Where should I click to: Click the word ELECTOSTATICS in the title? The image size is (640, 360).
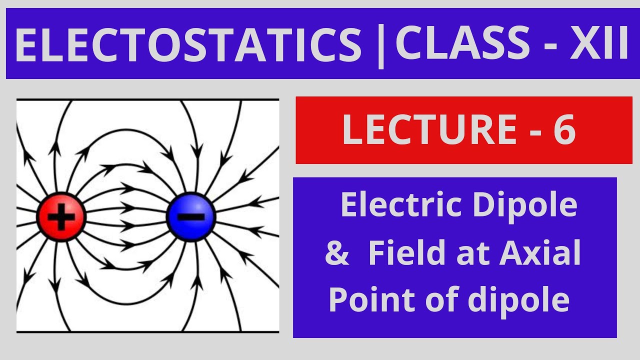[188, 44]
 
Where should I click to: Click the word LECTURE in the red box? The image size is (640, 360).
[429, 130]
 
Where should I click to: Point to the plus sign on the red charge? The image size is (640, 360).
[62, 217]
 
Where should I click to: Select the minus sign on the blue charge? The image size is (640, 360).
[190, 217]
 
